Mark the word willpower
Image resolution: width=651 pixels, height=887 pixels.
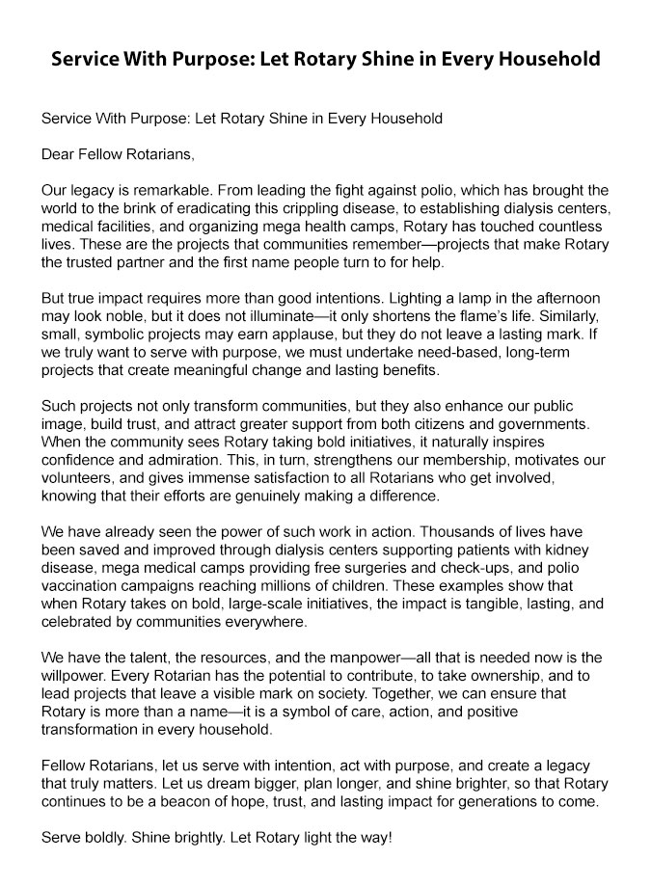click(77, 675)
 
